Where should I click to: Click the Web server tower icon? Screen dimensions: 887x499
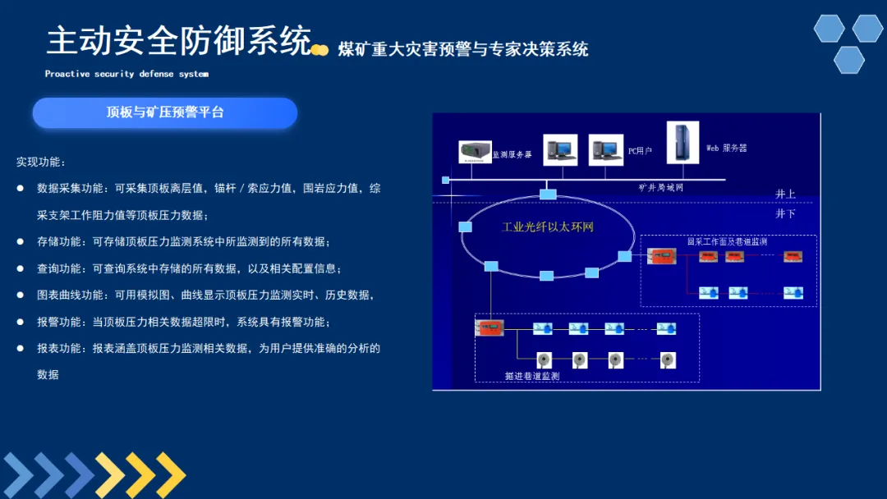pos(682,142)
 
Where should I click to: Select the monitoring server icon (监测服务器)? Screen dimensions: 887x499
pos(474,152)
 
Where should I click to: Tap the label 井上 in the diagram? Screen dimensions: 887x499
pos(785,194)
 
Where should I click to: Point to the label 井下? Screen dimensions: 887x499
pos(785,213)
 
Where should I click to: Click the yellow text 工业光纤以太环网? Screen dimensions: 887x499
pos(547,227)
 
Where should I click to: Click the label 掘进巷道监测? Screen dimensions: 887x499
pos(531,376)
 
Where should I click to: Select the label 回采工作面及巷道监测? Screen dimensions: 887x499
pos(727,241)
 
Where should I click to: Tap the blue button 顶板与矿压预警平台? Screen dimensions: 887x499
pos(165,112)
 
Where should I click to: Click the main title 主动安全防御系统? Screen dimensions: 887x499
pos(179,40)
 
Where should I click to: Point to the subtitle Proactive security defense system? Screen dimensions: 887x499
pos(126,74)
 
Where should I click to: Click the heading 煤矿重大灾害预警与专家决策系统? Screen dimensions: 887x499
pos(463,49)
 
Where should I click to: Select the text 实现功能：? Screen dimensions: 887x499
pos(41,162)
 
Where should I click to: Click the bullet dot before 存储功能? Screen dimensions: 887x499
pos(21,241)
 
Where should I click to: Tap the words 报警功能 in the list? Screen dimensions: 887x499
pos(59,322)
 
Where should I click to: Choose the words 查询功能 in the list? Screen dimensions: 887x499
pos(59,268)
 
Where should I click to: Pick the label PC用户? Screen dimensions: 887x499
pos(640,151)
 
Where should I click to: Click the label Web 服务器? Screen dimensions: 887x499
pos(727,149)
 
